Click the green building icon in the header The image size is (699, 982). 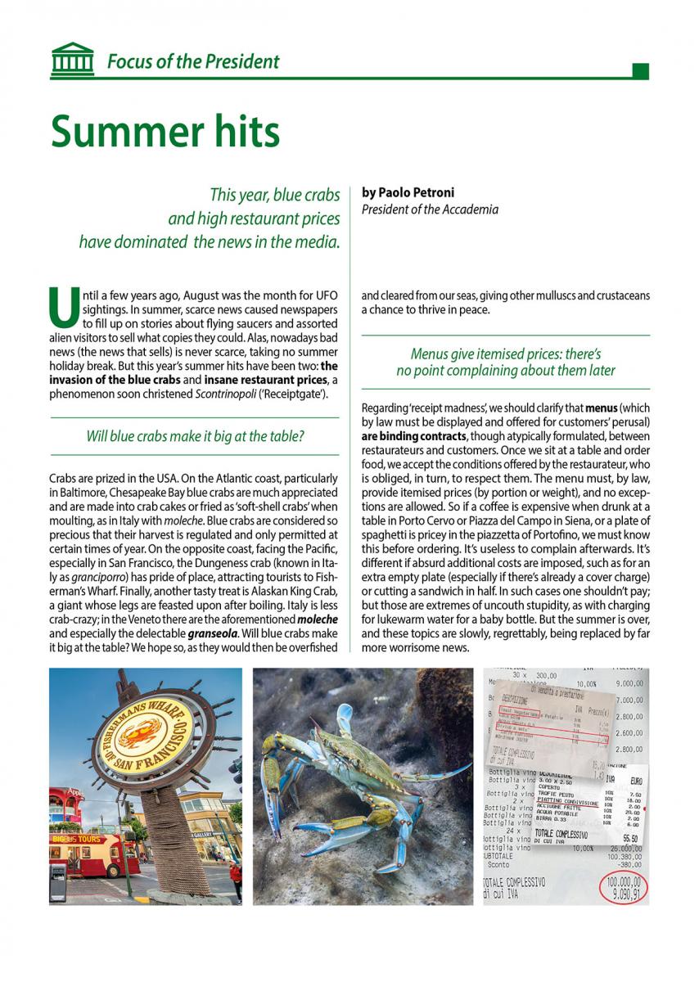(x=71, y=61)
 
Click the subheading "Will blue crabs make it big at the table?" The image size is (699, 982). (x=195, y=436)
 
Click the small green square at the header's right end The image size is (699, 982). (x=641, y=71)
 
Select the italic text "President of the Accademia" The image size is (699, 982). (x=429, y=209)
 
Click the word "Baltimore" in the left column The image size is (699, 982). (x=86, y=493)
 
